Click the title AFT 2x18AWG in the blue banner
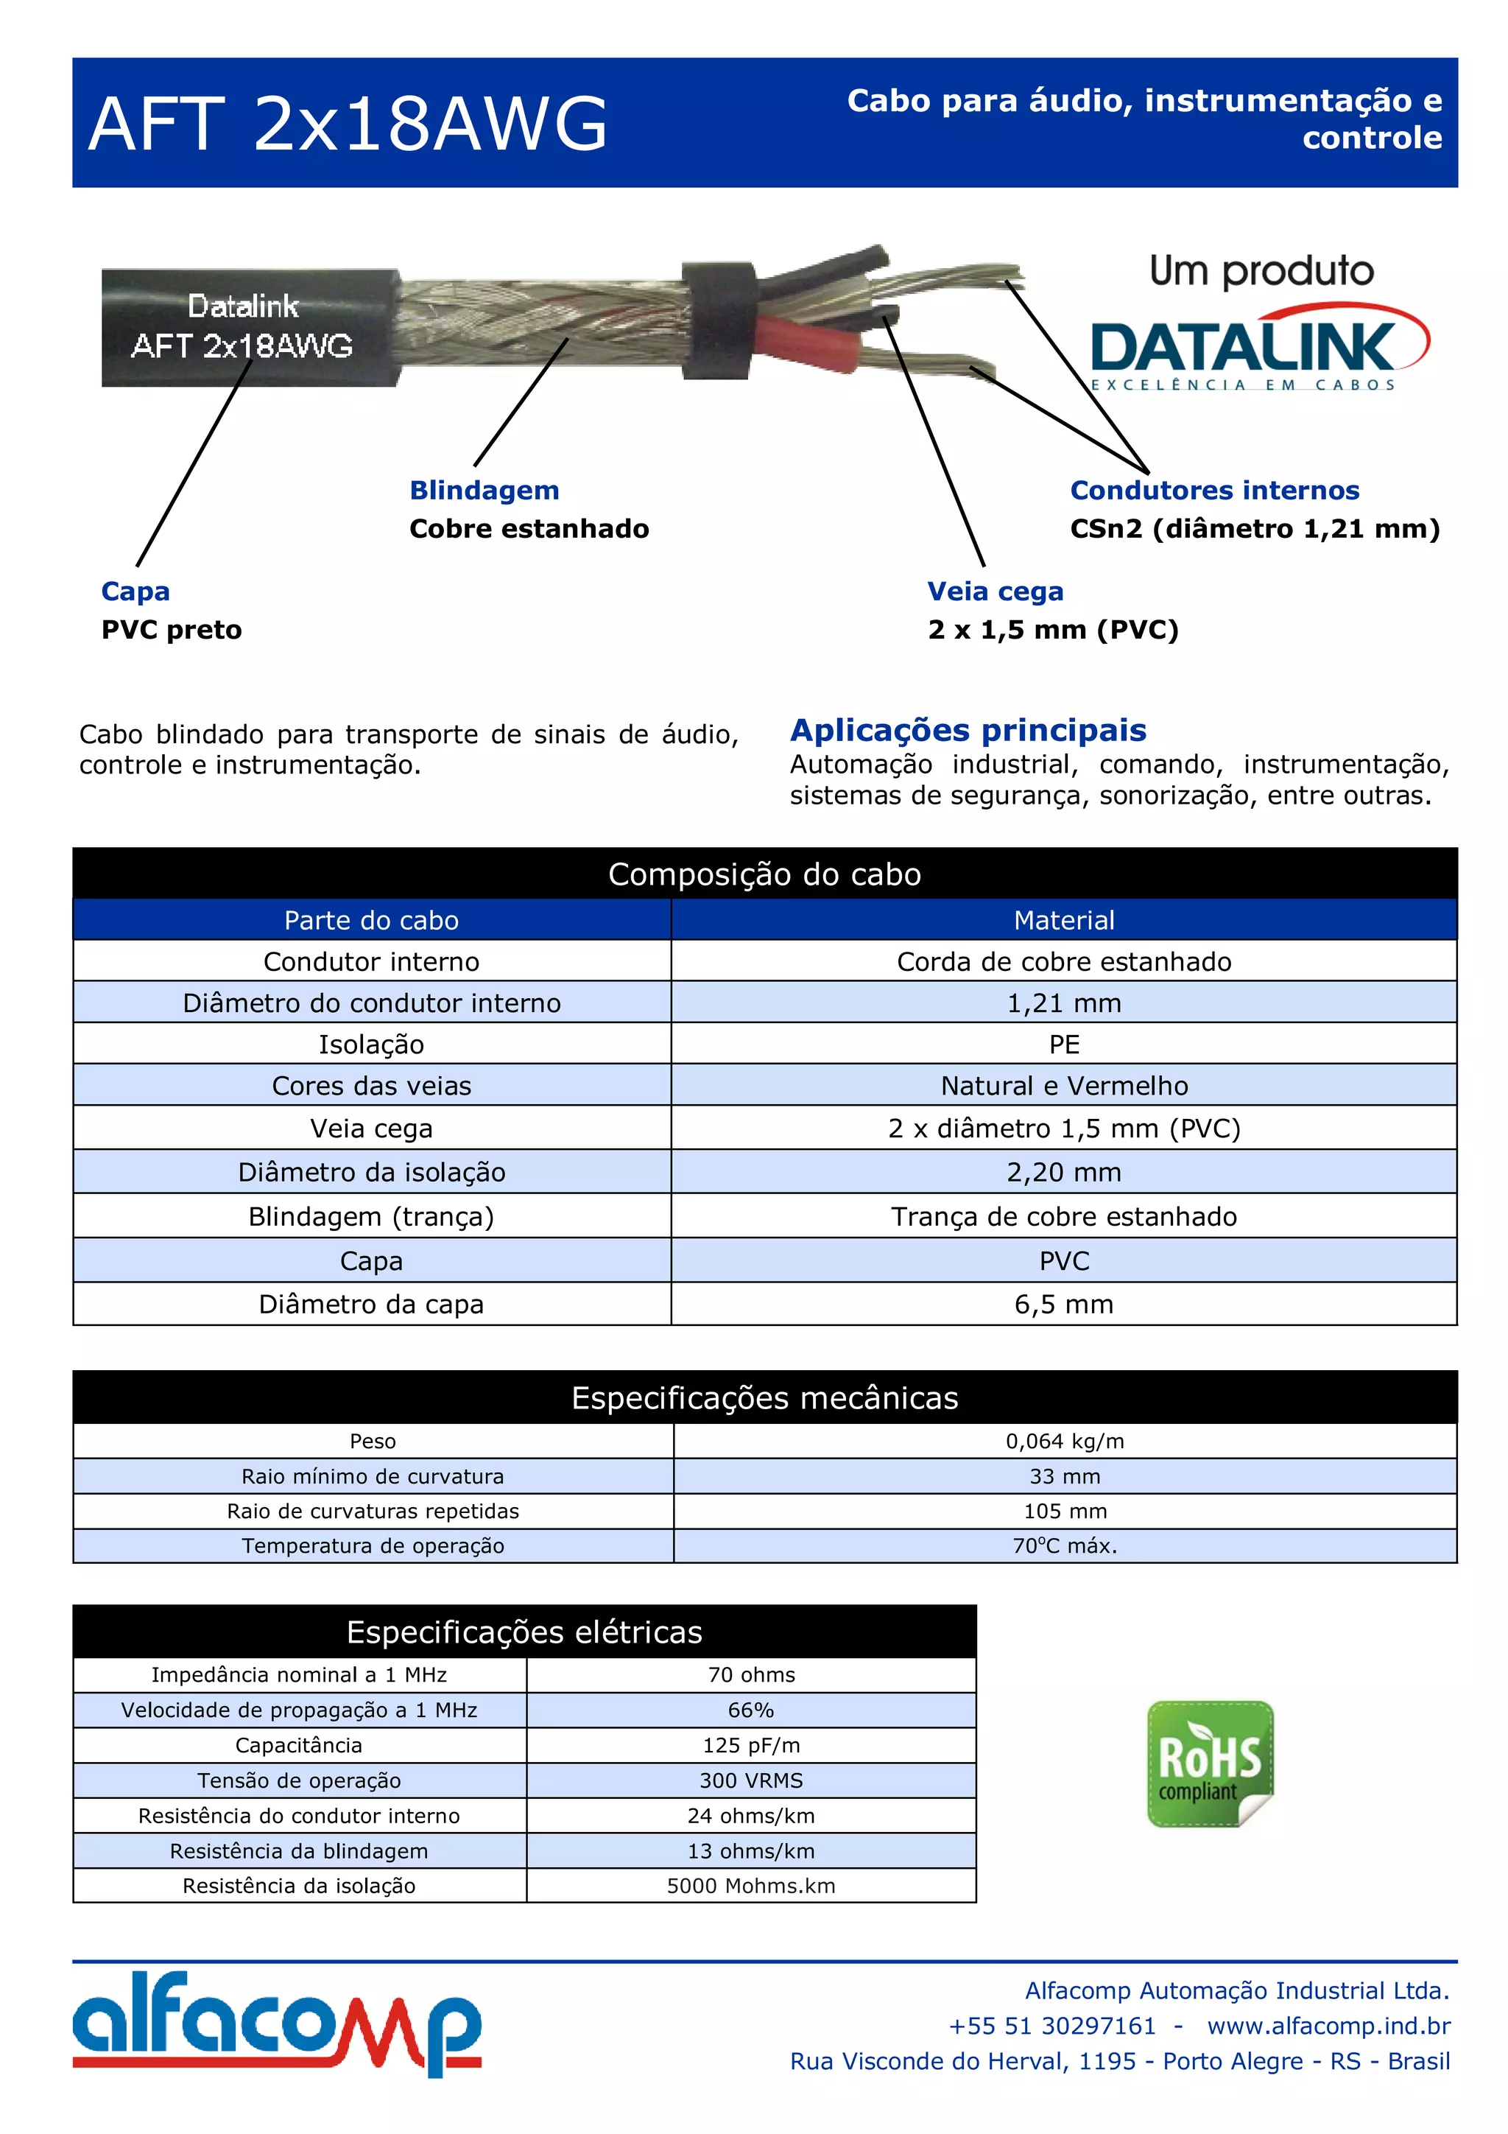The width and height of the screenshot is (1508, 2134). tap(348, 124)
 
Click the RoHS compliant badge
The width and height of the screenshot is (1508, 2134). tap(1210, 1763)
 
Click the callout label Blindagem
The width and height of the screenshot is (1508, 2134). tap(484, 490)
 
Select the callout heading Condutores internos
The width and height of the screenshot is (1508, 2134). tap(1214, 490)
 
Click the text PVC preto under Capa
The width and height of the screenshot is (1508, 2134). tap(171, 630)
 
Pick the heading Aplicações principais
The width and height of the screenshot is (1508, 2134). tap(968, 731)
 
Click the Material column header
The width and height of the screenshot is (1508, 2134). tap(1064, 920)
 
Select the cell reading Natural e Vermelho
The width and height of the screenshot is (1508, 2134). tap(1064, 1086)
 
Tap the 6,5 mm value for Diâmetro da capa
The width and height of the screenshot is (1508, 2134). tap(1064, 1304)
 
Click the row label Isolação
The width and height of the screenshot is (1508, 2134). tap(372, 1045)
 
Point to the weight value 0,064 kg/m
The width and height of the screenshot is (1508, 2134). tap(1065, 1441)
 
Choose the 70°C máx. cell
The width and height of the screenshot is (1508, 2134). tap(1065, 1545)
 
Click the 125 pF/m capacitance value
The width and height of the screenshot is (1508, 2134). tap(751, 1746)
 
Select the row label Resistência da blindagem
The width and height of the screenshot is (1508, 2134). tap(299, 1850)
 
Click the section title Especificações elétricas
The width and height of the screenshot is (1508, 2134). tap(524, 1632)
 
